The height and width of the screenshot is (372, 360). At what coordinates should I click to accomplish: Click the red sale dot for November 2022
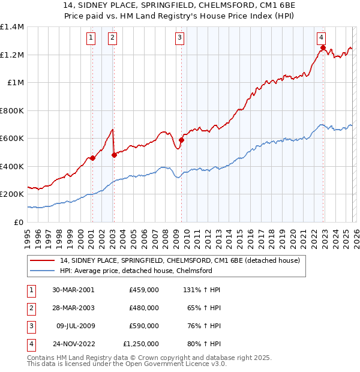pyautogui.click(x=323, y=48)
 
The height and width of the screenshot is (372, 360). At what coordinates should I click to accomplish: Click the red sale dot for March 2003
pyautogui.click(x=114, y=155)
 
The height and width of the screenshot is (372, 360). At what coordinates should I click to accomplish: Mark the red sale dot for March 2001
pyautogui.click(x=92, y=158)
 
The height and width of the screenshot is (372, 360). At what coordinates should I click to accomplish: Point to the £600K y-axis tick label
pyautogui.click(x=12, y=139)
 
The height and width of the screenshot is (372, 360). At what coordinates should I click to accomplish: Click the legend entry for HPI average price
pyautogui.click(x=136, y=271)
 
